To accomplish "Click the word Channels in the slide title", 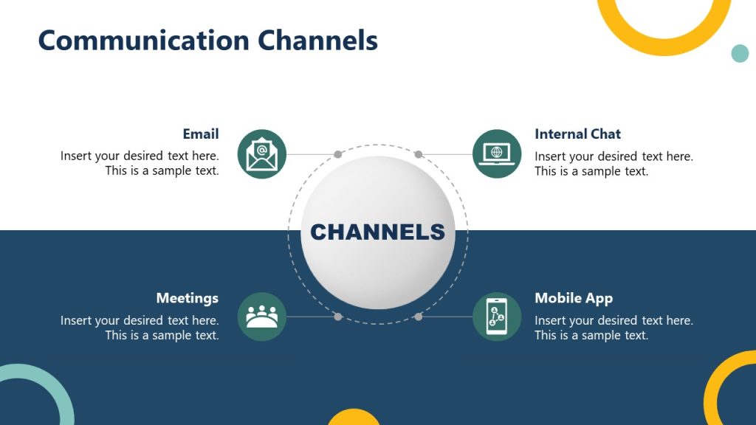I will tap(318, 40).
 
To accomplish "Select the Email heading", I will tap(201, 134).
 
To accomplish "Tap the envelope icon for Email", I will tap(261, 154).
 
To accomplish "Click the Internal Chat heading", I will tap(577, 134).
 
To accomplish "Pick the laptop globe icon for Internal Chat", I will tap(496, 153).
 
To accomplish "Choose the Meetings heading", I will tap(187, 298).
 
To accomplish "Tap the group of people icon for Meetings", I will tap(261, 317).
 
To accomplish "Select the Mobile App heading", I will tap(574, 298).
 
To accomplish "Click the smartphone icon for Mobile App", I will tap(496, 317).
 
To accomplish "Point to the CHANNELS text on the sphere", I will tap(377, 232).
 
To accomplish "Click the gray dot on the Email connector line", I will tap(337, 154).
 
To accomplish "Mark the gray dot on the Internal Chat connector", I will tap(418, 154).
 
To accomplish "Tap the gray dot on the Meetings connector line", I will tap(337, 317).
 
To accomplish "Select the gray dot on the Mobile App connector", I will tap(418, 317).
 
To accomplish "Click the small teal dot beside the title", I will tap(739, 53).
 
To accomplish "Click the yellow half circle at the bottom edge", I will tap(354, 418).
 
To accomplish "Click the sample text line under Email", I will tap(162, 170).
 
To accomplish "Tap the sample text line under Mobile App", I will tap(591, 335).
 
